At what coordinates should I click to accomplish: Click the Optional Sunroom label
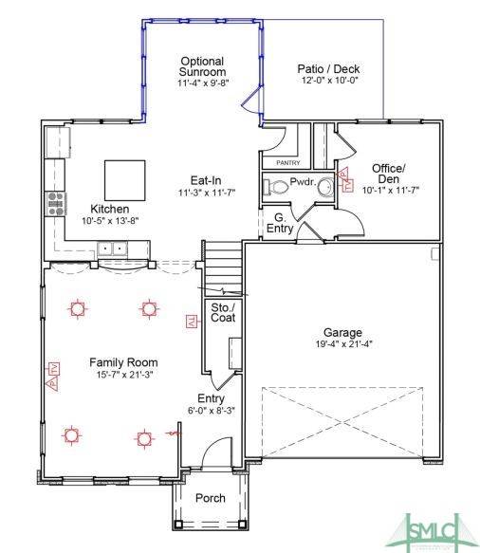point(202,66)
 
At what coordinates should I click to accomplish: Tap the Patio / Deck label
point(328,69)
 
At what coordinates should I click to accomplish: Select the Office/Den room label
point(391,174)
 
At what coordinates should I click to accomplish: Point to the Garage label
point(342,333)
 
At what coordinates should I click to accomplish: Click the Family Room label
point(123,362)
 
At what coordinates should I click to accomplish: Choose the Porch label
point(210,498)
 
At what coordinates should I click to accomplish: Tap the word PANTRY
point(287,163)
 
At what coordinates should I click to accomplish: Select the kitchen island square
point(125,178)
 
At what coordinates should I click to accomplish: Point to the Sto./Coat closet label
point(222,312)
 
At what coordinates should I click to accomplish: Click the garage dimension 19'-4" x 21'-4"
point(342,344)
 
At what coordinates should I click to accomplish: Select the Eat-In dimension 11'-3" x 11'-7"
point(207,193)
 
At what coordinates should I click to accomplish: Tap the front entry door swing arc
point(216,448)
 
